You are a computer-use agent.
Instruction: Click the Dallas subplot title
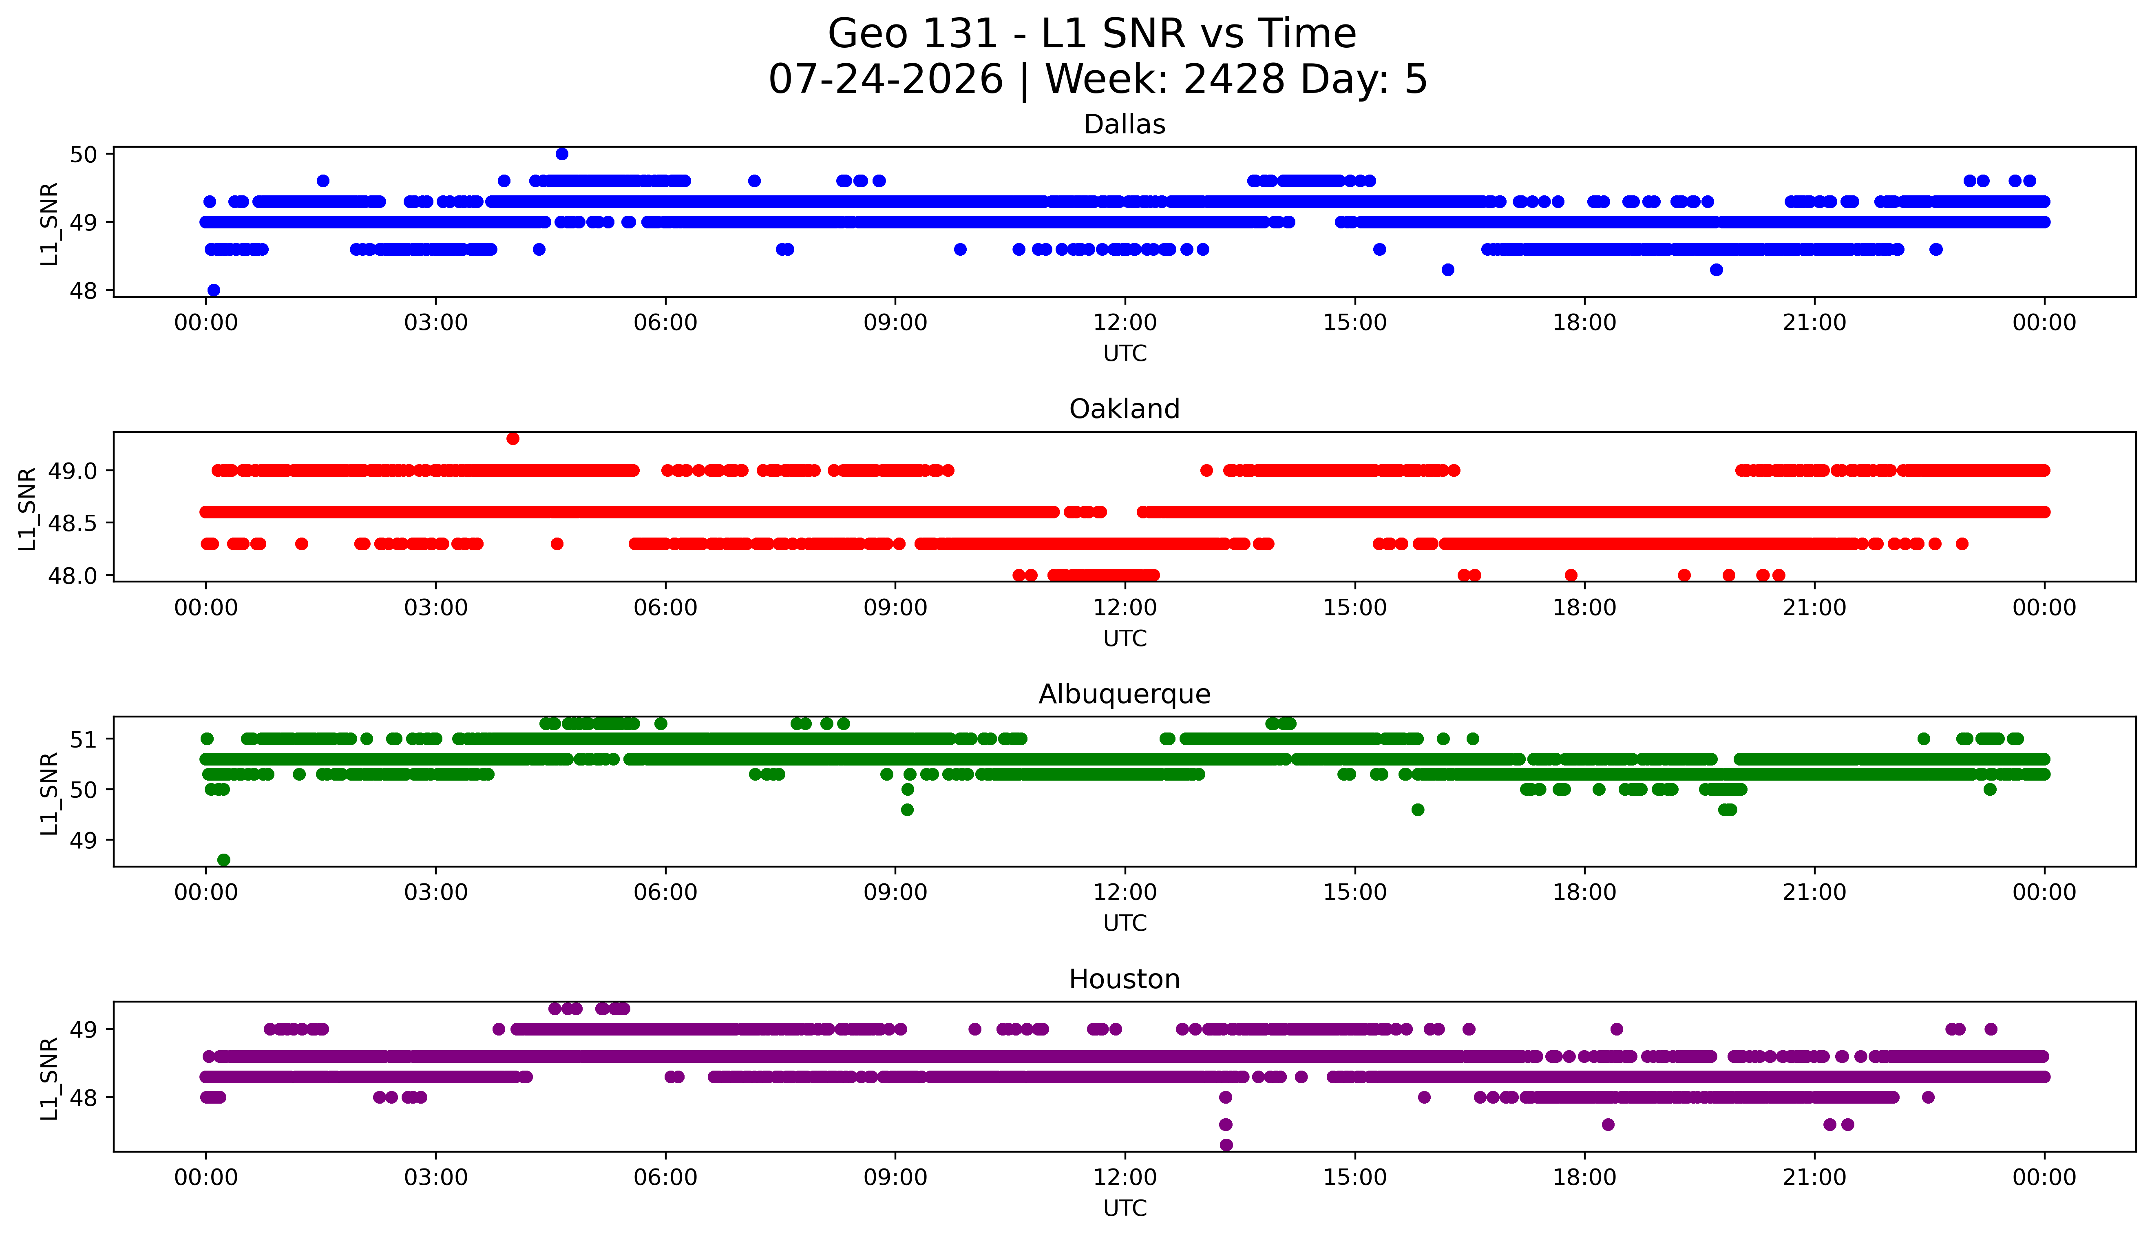coord(1125,125)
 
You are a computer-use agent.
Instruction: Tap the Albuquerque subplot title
coord(1125,694)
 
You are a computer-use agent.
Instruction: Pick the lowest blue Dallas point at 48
coord(214,290)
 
